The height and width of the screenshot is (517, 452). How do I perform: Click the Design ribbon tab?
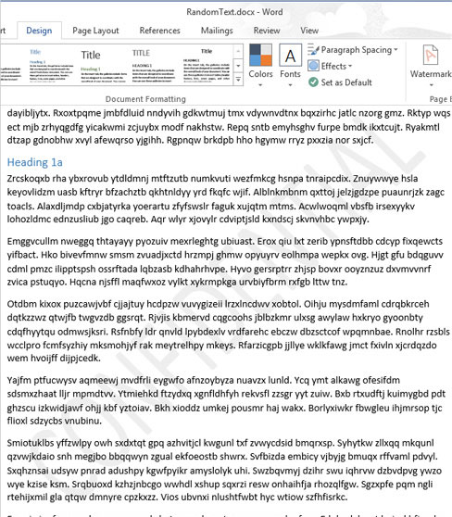(x=39, y=30)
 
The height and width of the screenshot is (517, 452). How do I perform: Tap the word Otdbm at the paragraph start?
(x=24, y=303)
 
